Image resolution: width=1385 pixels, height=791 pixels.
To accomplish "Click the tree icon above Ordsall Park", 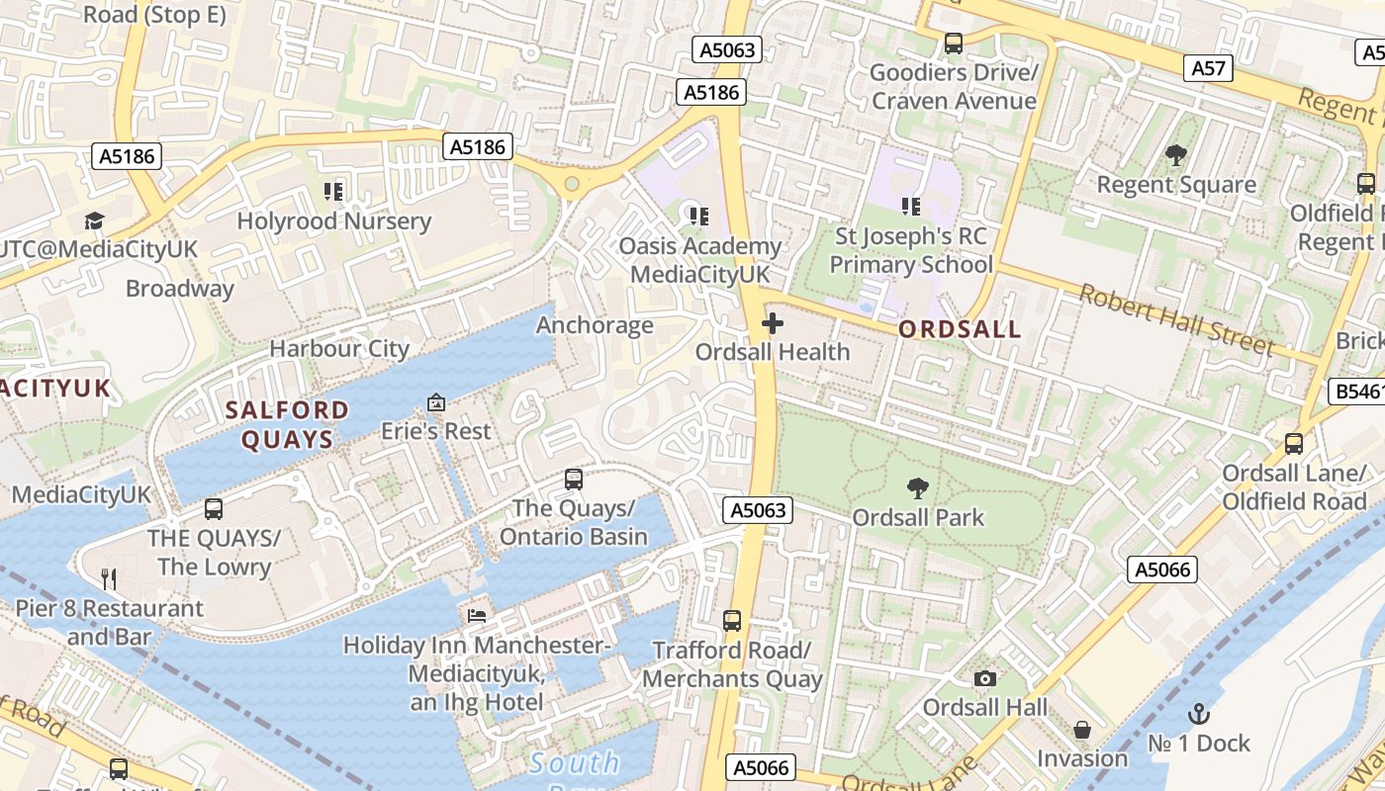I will pyautogui.click(x=918, y=487).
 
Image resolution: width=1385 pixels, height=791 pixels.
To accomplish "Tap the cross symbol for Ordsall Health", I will pyautogui.click(x=773, y=323).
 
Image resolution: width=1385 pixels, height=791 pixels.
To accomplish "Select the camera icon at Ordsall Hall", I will pyautogui.click(x=984, y=678).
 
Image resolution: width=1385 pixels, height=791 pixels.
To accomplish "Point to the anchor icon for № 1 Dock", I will pyautogui.click(x=1199, y=713).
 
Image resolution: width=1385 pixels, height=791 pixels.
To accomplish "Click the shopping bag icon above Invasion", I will pyautogui.click(x=1082, y=730).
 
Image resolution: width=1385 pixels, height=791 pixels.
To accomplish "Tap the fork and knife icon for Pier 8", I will pyautogui.click(x=109, y=578).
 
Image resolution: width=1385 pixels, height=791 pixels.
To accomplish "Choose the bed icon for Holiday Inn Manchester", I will pyautogui.click(x=477, y=615).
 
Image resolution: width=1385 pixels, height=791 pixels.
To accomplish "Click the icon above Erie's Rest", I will pyautogui.click(x=436, y=402).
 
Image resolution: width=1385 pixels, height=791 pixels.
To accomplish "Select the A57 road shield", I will pyautogui.click(x=1208, y=67).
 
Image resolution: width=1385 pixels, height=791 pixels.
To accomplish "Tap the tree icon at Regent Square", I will pyautogui.click(x=1176, y=155).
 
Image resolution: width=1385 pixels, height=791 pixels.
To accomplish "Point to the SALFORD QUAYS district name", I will pyautogui.click(x=286, y=425).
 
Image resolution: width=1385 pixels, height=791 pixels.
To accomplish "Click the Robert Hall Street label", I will pyautogui.click(x=1175, y=319).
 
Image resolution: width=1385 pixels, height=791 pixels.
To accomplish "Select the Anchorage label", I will pyautogui.click(x=595, y=325).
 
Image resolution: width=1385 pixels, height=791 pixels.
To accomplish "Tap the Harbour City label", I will pyautogui.click(x=339, y=349).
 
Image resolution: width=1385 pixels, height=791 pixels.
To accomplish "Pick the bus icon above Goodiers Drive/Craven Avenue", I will pyautogui.click(x=954, y=44).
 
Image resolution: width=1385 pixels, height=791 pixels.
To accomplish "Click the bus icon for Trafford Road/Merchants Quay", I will pyautogui.click(x=732, y=621).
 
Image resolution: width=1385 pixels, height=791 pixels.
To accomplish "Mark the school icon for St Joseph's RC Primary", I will pyautogui.click(x=911, y=207).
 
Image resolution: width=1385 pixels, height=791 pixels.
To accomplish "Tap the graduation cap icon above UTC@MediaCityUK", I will pyautogui.click(x=94, y=220).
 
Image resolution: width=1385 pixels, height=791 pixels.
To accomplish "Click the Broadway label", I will pyautogui.click(x=180, y=289).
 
